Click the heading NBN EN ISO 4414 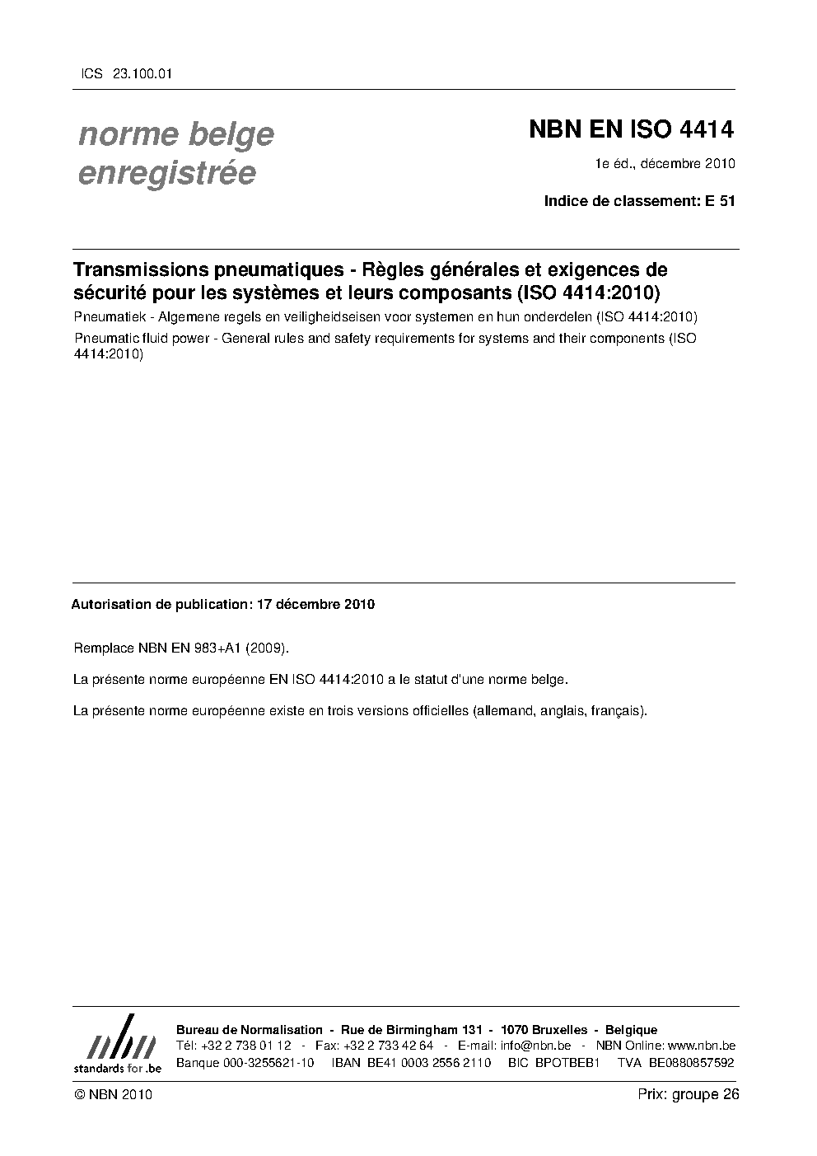tap(631, 129)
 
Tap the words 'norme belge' tap(176, 134)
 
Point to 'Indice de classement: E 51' tap(639, 200)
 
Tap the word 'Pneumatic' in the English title tap(103, 339)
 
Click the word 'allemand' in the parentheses tap(503, 710)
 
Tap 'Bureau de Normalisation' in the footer tap(250, 1030)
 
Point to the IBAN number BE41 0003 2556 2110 tap(411, 1063)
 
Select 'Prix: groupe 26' tap(689, 1094)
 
